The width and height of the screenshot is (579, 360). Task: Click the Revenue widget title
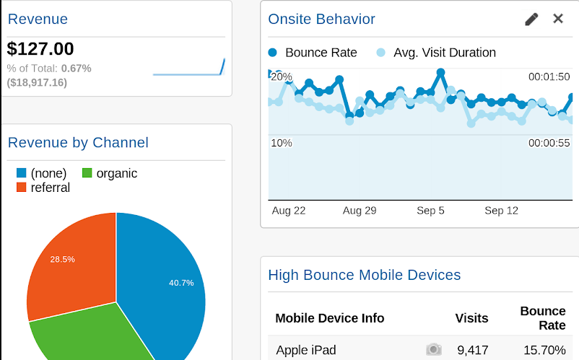(x=38, y=19)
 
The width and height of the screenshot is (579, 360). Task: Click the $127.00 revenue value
(x=40, y=49)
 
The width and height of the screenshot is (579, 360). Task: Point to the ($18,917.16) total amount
(x=37, y=82)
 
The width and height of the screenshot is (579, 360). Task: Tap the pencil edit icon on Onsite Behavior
(x=531, y=19)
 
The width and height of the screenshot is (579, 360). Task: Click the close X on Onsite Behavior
(x=558, y=19)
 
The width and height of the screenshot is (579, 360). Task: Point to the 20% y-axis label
(x=282, y=77)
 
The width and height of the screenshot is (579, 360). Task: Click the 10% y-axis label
(x=282, y=143)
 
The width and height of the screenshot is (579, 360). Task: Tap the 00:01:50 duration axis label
(x=549, y=77)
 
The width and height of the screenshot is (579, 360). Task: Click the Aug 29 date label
(x=360, y=211)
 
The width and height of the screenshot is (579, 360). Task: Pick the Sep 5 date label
(x=431, y=211)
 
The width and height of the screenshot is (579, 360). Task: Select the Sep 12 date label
(x=502, y=211)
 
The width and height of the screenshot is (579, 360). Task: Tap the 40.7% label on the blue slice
(x=181, y=283)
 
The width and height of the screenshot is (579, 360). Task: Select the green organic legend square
(x=87, y=173)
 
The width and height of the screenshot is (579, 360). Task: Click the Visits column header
(x=471, y=318)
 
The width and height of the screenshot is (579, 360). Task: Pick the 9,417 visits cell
(x=473, y=351)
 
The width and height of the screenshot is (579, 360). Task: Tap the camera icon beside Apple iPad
(x=433, y=350)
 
